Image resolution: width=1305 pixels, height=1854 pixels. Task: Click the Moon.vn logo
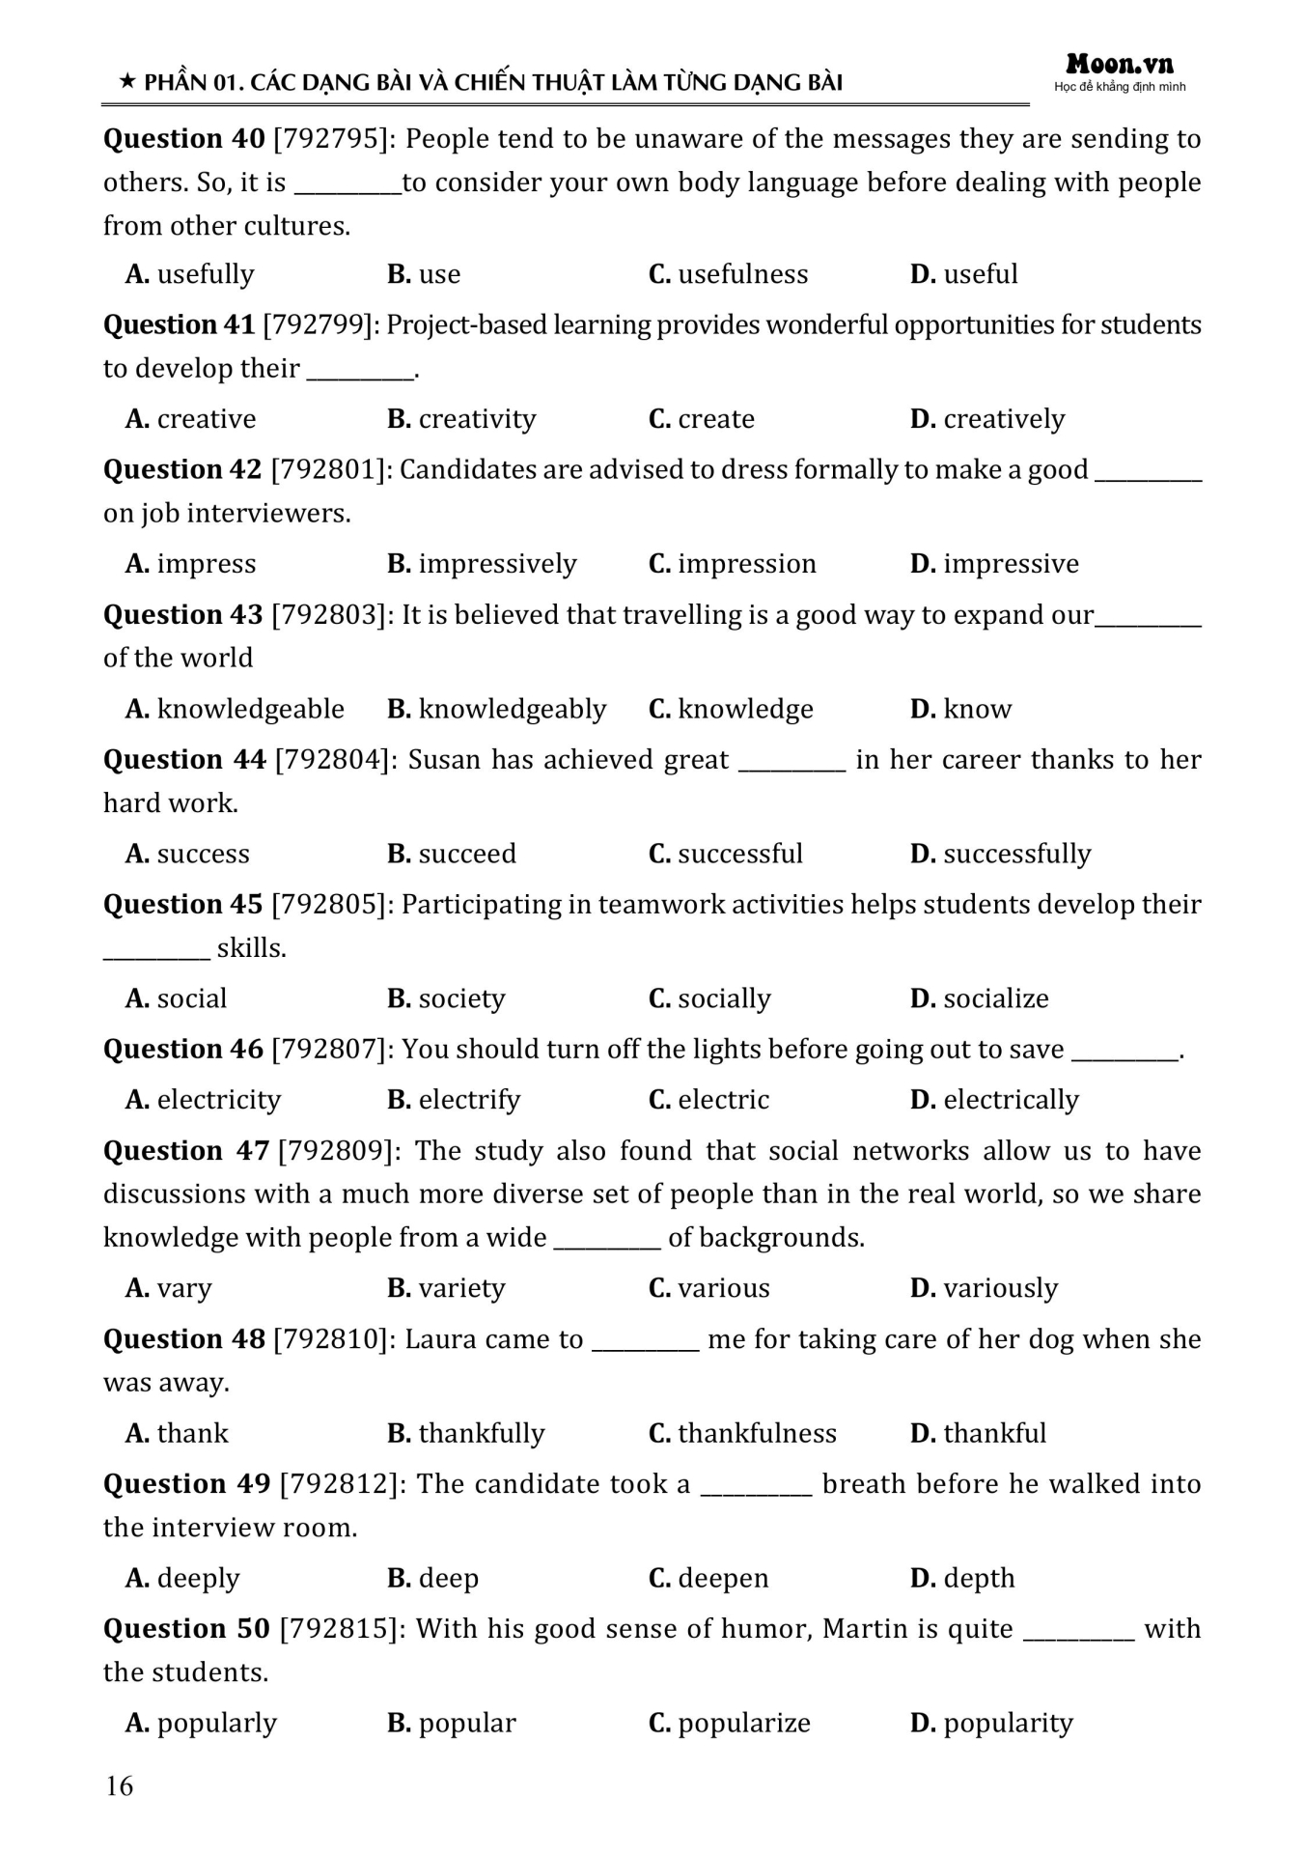point(1120,66)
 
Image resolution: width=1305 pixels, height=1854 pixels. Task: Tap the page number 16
point(120,1785)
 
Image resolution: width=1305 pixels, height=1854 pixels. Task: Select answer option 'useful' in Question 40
point(980,274)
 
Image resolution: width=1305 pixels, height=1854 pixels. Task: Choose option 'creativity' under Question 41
point(477,419)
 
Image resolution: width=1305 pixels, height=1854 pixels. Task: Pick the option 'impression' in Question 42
point(746,564)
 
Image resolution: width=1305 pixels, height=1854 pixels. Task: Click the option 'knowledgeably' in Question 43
point(512,709)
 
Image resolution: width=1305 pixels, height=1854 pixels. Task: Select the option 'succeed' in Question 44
point(467,854)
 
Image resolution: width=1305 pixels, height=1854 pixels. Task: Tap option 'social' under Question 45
point(191,998)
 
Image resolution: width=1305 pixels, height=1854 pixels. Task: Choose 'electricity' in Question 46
point(218,1100)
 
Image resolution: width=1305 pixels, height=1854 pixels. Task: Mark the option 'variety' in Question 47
point(461,1288)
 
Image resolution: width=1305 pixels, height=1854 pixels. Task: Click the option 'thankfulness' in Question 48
point(757,1433)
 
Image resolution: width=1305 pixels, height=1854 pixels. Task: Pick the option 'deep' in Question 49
point(448,1578)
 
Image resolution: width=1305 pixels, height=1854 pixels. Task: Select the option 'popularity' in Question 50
point(1008,1723)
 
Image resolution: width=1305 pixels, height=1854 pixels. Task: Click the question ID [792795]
point(332,139)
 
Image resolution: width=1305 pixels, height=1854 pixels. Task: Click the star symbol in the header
point(126,82)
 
